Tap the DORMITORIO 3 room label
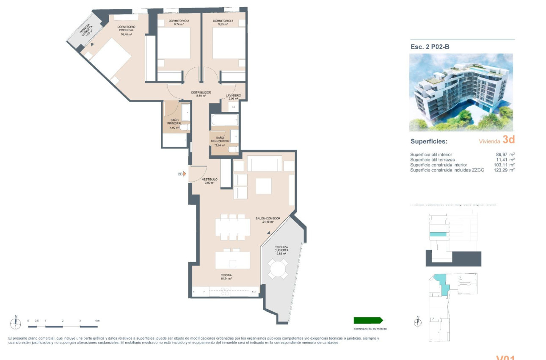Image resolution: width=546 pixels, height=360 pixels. [221, 21]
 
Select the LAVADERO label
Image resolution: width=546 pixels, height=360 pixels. [233, 96]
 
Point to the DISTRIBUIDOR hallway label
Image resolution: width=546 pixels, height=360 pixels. [201, 92]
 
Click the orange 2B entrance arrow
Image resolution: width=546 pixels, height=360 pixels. [184, 174]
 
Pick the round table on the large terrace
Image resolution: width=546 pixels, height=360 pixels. [279, 269]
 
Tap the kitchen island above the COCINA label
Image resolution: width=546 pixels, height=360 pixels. [232, 260]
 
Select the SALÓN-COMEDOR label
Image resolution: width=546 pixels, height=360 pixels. [268, 219]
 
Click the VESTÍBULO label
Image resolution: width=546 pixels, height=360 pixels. [210, 180]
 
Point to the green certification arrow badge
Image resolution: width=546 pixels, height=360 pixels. [368, 321]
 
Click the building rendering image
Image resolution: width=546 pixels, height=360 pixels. [461, 92]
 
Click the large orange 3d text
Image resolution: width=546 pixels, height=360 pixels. [508, 140]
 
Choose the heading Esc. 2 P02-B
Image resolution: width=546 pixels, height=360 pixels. [430, 47]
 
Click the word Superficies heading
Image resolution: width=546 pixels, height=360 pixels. [429, 141]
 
